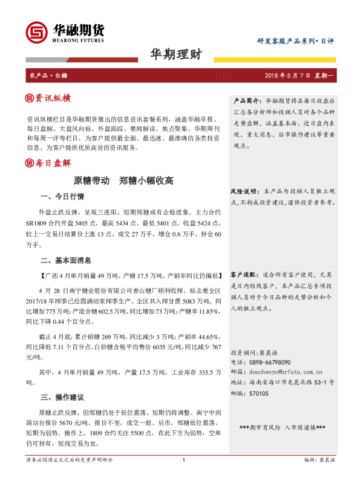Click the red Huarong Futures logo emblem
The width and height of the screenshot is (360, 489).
tap(34, 31)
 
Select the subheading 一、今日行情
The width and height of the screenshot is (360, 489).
tap(62, 197)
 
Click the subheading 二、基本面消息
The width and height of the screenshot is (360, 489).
tap(66, 261)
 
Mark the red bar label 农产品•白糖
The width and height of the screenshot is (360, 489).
tap(49, 75)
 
